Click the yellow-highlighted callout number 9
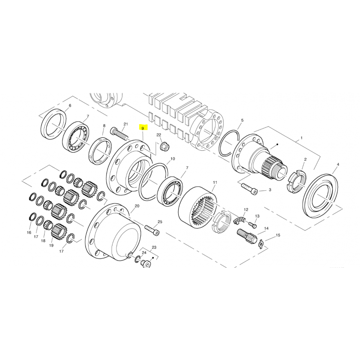pyautogui.click(x=143, y=128)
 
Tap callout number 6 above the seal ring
pyautogui.click(x=70, y=106)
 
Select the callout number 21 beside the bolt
pyautogui.click(x=126, y=124)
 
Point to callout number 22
pyautogui.click(x=159, y=135)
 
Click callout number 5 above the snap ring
pyautogui.click(x=242, y=120)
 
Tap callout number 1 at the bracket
pyautogui.click(x=301, y=138)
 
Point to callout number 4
pyautogui.click(x=338, y=164)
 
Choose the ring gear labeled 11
pyautogui.click(x=198, y=206)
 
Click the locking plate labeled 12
pyautogui.click(x=240, y=220)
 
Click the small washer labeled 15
pyautogui.click(x=261, y=242)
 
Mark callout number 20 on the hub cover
pyautogui.click(x=137, y=206)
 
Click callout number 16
pyautogui.click(x=29, y=233)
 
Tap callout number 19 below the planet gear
pyautogui.click(x=51, y=245)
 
